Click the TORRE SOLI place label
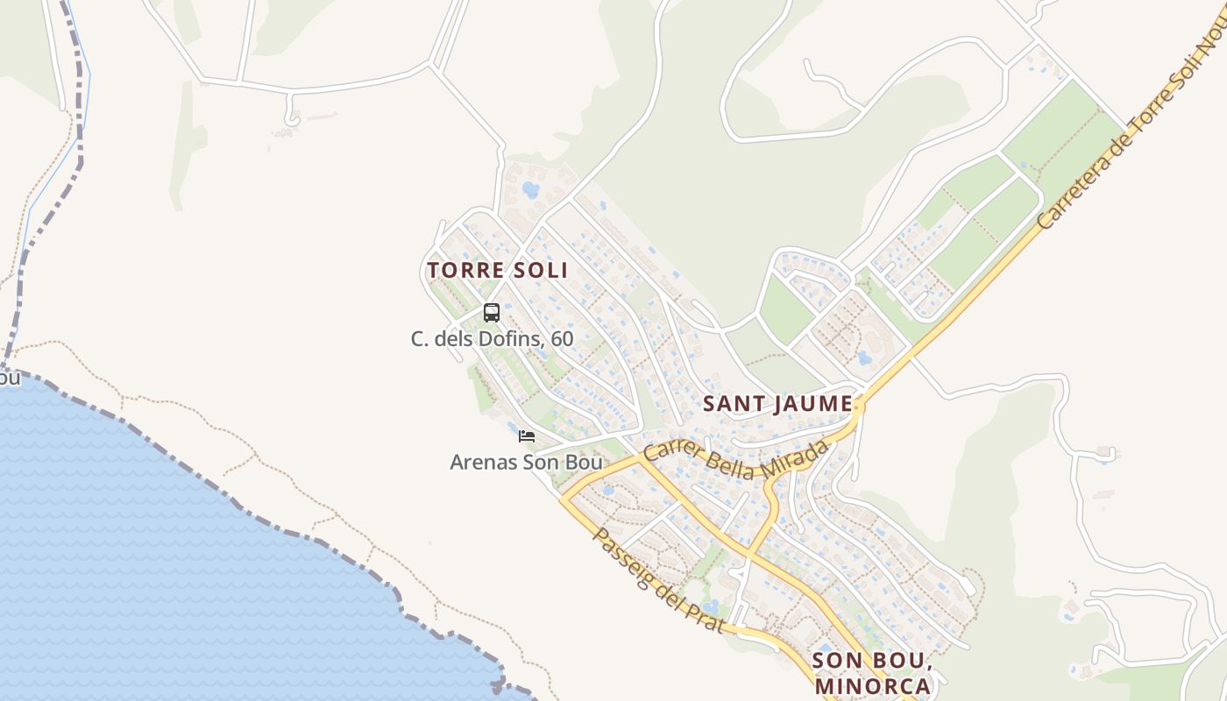click(497, 270)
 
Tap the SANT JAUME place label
click(777, 404)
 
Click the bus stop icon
click(492, 312)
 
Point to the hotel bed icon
click(527, 435)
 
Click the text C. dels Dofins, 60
click(492, 338)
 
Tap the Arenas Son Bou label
click(526, 462)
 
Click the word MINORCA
click(872, 685)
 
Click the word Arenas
click(483, 462)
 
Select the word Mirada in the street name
click(798, 457)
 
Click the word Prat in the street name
click(707, 617)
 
